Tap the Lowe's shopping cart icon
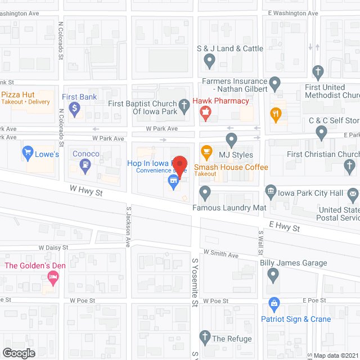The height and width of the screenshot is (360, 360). point(27,151)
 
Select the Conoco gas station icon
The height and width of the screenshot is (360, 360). point(85,165)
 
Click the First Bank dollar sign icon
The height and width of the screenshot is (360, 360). point(74,109)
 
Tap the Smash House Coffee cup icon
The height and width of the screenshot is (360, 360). point(206,151)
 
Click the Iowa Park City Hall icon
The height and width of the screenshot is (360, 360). point(271,193)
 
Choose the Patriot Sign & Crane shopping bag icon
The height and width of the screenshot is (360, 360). point(274,306)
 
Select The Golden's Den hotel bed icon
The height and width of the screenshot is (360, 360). point(53,277)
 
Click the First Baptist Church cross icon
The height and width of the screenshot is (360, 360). point(183,105)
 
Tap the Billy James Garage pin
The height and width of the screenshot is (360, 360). point(273,276)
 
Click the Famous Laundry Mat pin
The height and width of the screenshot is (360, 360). point(206,195)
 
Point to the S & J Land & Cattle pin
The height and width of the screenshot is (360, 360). point(209,60)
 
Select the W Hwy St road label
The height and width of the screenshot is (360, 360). point(86,190)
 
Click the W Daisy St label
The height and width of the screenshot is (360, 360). point(53,247)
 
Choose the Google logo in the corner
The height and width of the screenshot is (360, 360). point(18,353)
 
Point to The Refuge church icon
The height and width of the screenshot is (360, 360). point(205,339)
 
